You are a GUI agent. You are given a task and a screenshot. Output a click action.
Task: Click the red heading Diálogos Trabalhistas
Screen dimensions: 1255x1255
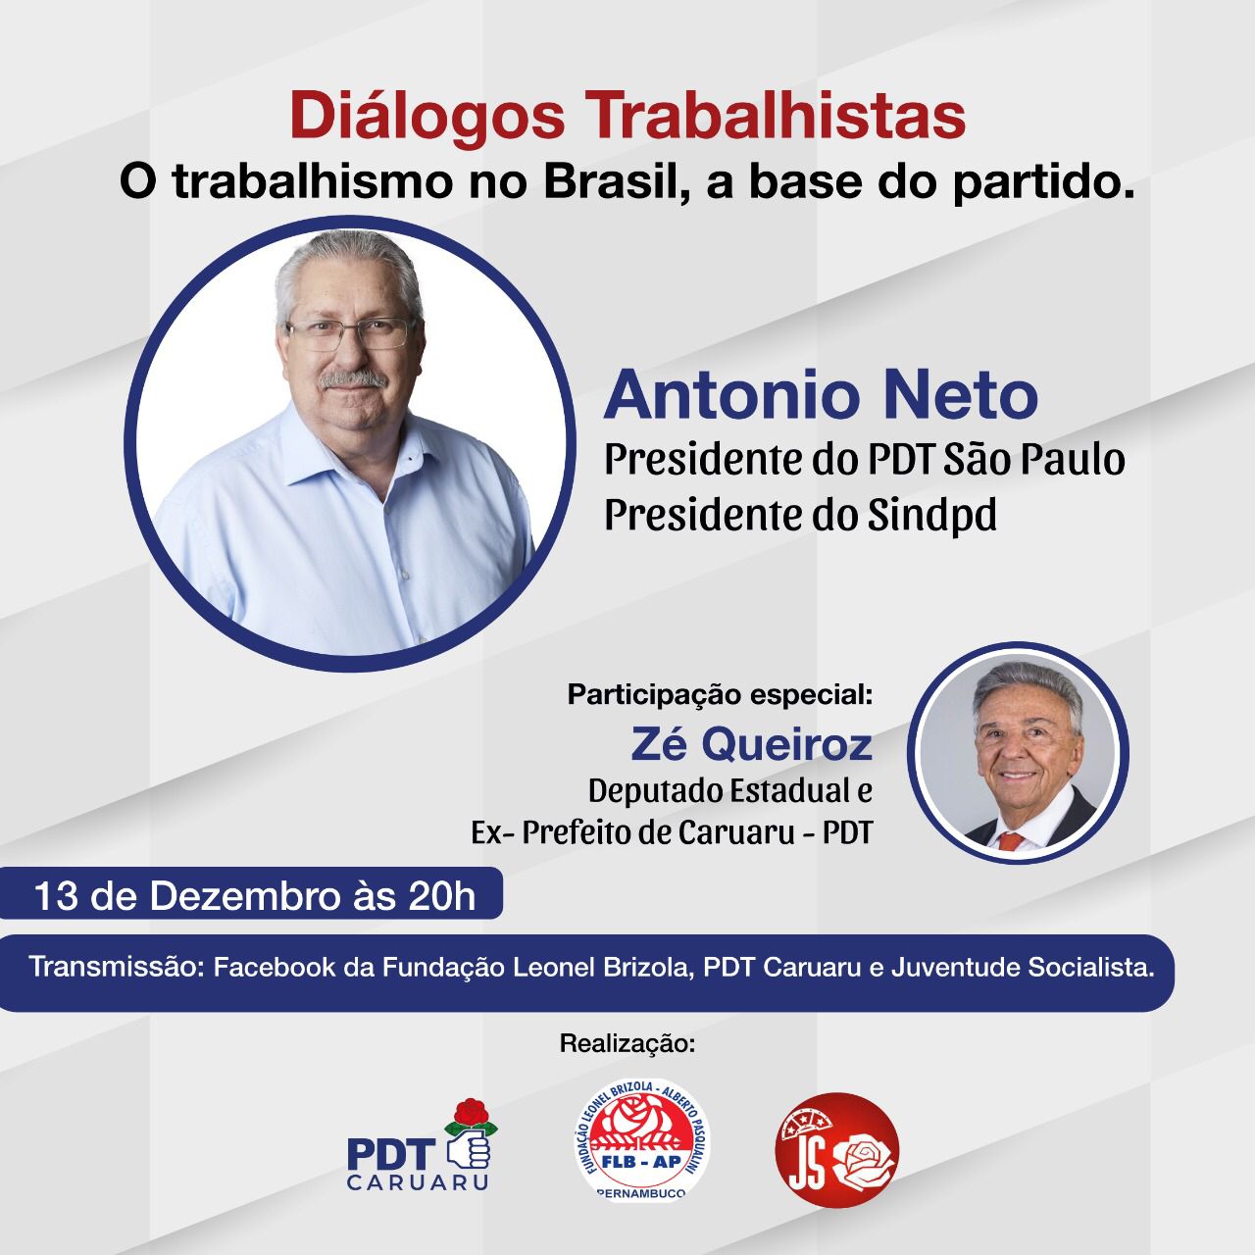627,116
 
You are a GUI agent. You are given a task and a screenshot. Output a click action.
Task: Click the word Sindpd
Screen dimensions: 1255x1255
932,515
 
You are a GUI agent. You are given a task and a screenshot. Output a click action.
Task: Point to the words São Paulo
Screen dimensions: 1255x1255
1034,459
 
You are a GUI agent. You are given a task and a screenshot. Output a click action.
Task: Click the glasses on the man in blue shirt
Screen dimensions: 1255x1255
350,333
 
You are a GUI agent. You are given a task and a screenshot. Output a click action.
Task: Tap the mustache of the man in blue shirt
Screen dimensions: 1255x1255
353,377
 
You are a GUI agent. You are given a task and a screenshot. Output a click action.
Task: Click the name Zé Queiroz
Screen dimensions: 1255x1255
751,745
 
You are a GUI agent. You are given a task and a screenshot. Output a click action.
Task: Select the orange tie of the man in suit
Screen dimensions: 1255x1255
1010,841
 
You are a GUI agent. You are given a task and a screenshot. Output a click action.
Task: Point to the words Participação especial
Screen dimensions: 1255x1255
719,695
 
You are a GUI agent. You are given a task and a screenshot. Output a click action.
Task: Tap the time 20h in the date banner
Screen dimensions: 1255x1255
442,896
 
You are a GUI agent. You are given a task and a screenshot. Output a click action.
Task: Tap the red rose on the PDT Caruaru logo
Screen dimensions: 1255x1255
471,1115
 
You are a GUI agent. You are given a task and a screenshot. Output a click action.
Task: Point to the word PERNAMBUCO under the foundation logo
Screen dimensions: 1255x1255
641,1193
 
